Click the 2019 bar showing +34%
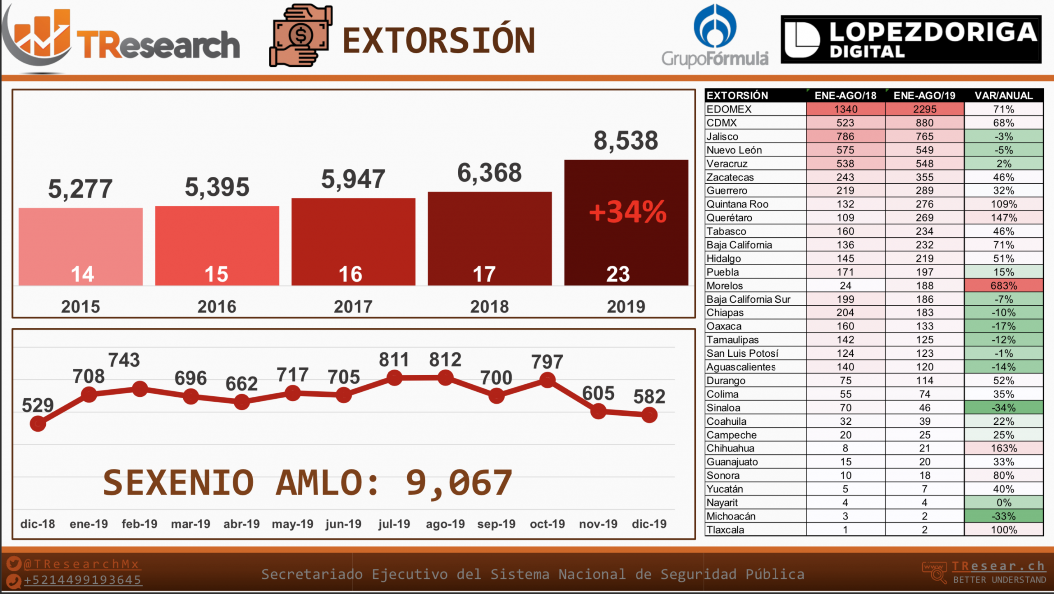(626, 222)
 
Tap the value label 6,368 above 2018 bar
(489, 173)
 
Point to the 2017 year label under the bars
(353, 306)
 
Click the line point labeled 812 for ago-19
(445, 377)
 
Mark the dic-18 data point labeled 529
(38, 423)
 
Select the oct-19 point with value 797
(547, 380)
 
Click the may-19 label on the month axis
(292, 524)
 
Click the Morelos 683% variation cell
(1003, 285)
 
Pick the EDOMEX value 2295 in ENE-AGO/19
(924, 109)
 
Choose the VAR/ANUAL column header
(1003, 96)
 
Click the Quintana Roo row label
(737, 204)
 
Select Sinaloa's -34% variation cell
(1003, 408)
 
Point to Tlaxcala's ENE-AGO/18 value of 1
(845, 530)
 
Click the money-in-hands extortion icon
(301, 36)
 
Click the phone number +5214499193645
(82, 580)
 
